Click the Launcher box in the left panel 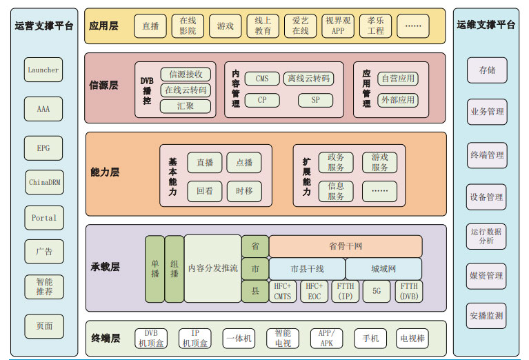(x=43, y=70)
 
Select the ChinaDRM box (x=44, y=182)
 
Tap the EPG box (x=43, y=148)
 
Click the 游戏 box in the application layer (x=226, y=26)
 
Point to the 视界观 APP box (x=338, y=26)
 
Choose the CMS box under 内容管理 (x=262, y=79)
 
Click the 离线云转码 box (x=308, y=79)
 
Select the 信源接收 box (x=186, y=74)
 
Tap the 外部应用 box (x=398, y=100)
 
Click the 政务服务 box (x=336, y=163)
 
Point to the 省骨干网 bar (x=346, y=246)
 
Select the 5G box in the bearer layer (x=377, y=291)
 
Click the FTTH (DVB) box (x=409, y=291)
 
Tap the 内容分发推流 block (x=213, y=268)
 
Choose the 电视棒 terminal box (x=412, y=339)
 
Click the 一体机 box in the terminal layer (x=239, y=339)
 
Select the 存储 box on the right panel (x=486, y=70)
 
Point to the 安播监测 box (x=486, y=316)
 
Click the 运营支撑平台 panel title (x=44, y=26)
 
